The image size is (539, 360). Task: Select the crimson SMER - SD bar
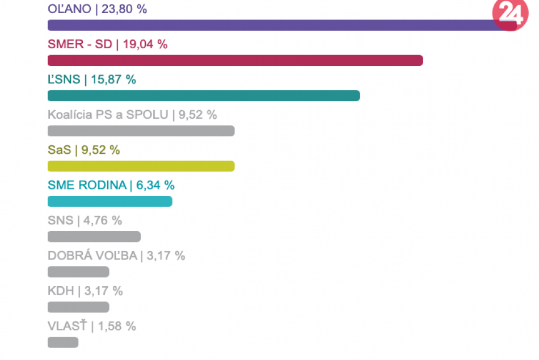pyautogui.click(x=235, y=60)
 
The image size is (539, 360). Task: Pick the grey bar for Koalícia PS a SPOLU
pyautogui.click(x=141, y=131)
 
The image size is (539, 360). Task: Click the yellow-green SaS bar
pyautogui.click(x=141, y=166)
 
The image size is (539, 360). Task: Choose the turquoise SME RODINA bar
pyautogui.click(x=110, y=201)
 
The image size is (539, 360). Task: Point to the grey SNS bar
pyautogui.click(x=94, y=236)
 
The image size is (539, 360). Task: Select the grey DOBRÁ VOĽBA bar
pyautogui.click(x=78, y=271)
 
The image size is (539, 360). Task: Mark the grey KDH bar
pyautogui.click(x=78, y=307)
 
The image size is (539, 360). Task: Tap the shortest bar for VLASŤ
pyautogui.click(x=62, y=342)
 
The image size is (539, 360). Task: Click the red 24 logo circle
pyautogui.click(x=509, y=14)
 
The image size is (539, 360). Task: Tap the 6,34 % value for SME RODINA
pyautogui.click(x=155, y=185)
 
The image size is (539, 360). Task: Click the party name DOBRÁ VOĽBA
pyautogui.click(x=92, y=256)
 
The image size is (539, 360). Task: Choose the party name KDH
pyautogui.click(x=61, y=291)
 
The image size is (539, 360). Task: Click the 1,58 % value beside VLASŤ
pyautogui.click(x=117, y=326)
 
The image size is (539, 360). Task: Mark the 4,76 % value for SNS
pyautogui.click(x=102, y=220)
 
